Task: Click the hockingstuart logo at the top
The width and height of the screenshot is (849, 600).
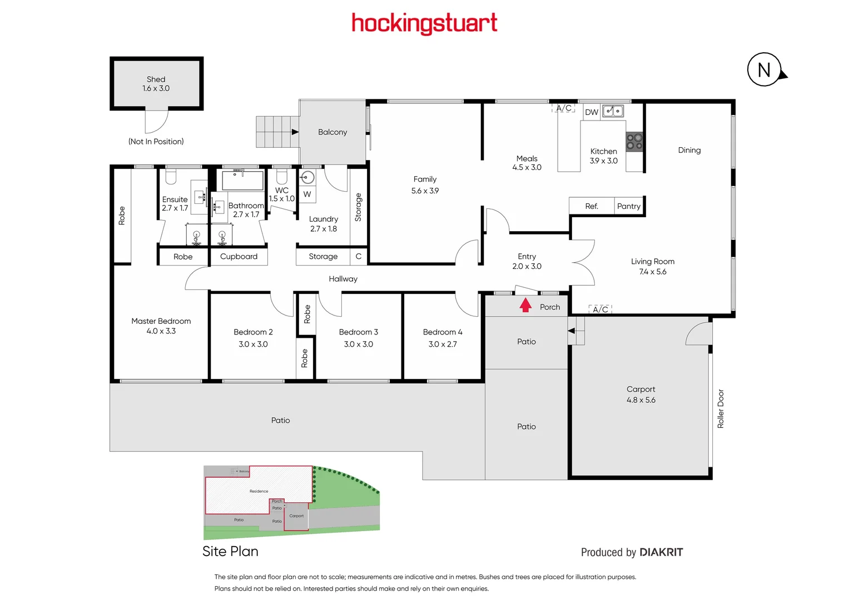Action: click(x=424, y=23)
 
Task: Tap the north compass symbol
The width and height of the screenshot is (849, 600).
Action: click(x=764, y=70)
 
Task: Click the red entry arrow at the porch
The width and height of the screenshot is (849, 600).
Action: click(x=525, y=306)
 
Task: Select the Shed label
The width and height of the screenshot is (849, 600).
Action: click(x=156, y=79)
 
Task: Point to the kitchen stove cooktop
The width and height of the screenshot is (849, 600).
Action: click(x=634, y=142)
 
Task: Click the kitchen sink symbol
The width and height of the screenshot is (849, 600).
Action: click(x=613, y=111)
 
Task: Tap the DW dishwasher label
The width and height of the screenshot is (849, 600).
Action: click(x=592, y=112)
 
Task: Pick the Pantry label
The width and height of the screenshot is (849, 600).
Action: click(x=629, y=206)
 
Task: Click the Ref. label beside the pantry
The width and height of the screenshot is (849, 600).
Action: click(x=592, y=206)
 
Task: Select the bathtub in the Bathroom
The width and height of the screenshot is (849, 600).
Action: click(x=242, y=180)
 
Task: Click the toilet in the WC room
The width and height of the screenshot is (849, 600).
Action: click(x=282, y=176)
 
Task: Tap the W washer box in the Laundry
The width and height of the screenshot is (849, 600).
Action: click(x=307, y=194)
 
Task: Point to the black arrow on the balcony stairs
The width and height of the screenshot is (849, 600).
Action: click(x=295, y=132)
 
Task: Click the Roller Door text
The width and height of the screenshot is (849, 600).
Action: click(x=721, y=408)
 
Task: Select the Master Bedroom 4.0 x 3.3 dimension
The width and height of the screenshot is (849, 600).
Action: click(x=161, y=331)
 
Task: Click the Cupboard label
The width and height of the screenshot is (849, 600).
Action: click(x=239, y=257)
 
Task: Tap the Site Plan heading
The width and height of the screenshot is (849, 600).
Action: click(x=230, y=551)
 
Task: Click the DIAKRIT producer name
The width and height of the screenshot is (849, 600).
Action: click(x=661, y=552)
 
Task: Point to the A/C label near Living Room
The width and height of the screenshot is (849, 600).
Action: click(x=600, y=309)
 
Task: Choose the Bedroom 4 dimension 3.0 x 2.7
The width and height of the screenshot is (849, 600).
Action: click(x=443, y=344)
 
